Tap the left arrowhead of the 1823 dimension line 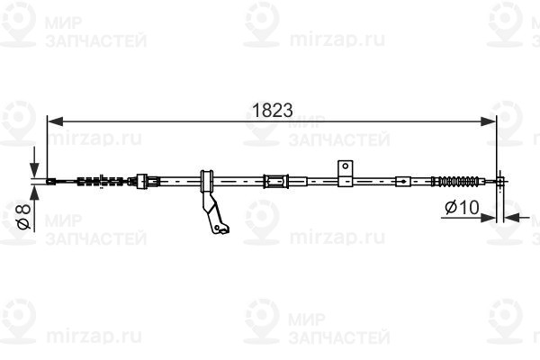point(52,120)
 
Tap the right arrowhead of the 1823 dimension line point(490,120)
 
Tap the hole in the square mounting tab point(344,166)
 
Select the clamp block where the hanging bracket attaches point(206,180)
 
